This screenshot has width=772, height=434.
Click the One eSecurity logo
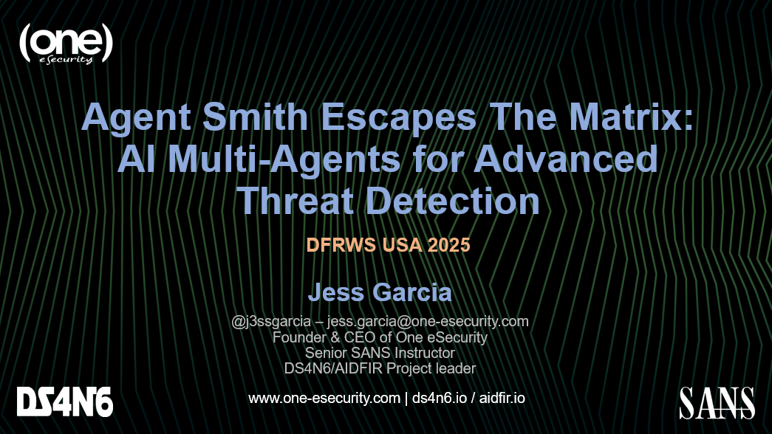click(66, 44)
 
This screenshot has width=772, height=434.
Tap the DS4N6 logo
click(65, 402)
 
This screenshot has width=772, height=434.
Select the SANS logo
click(717, 403)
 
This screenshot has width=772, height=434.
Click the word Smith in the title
click(255, 117)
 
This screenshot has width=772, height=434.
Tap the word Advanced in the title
click(566, 159)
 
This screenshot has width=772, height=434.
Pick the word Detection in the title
click(454, 201)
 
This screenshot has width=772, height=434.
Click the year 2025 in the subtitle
click(448, 245)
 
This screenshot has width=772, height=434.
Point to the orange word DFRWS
click(341, 245)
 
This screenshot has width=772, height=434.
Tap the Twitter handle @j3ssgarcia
click(271, 322)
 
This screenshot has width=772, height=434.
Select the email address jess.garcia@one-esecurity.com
click(428, 322)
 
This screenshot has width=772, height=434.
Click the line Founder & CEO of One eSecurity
click(380, 337)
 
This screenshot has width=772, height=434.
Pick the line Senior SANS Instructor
click(380, 353)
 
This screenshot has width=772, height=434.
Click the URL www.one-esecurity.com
click(324, 398)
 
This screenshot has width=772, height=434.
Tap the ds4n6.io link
click(439, 398)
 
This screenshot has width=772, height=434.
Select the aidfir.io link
click(502, 398)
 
